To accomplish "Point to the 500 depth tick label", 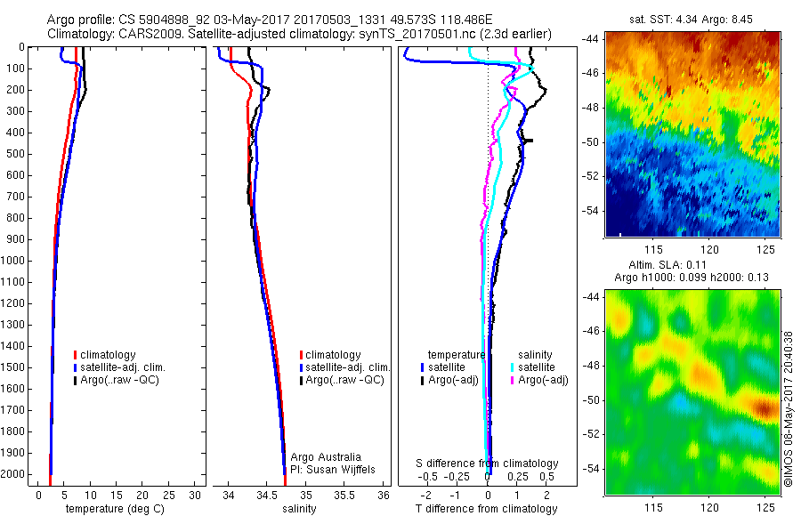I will pyautogui.click(x=14, y=154).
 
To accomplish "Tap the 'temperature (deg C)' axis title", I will pyautogui.click(x=112, y=509).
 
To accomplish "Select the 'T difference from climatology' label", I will pyautogui.click(x=486, y=509).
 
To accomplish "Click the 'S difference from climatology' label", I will pyautogui.click(x=488, y=464).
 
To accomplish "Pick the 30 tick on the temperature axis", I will pyautogui.click(x=196, y=495).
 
